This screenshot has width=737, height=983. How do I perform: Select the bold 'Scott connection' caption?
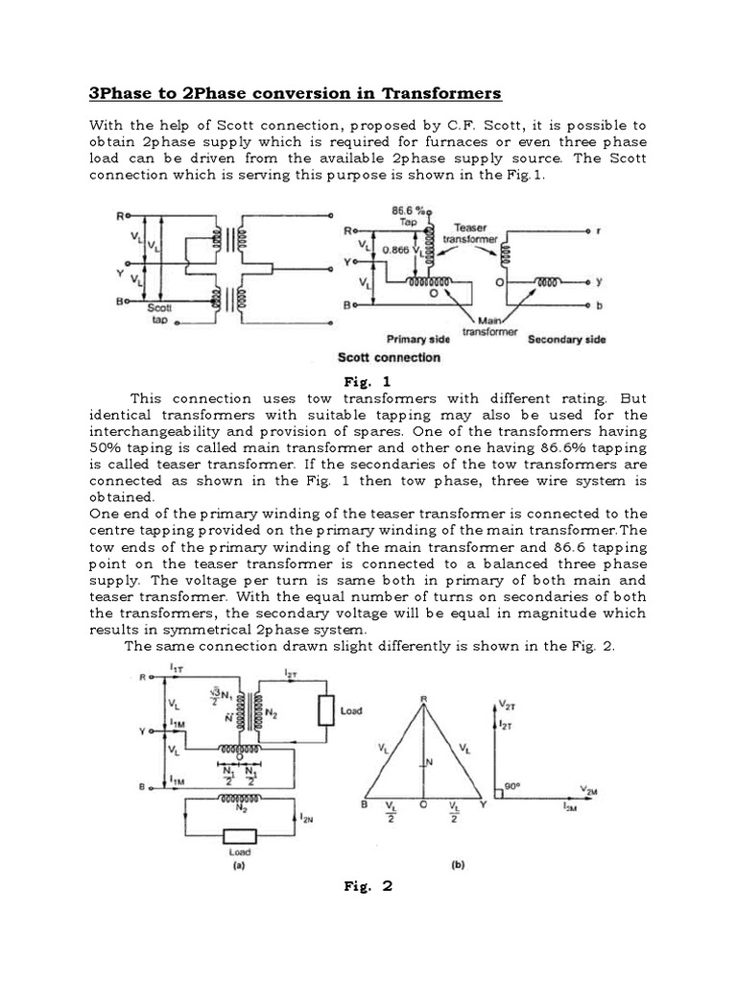pyautogui.click(x=390, y=357)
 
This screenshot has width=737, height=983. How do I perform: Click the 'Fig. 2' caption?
pyautogui.click(x=368, y=885)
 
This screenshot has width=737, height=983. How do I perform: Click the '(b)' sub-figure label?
pyautogui.click(x=458, y=864)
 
